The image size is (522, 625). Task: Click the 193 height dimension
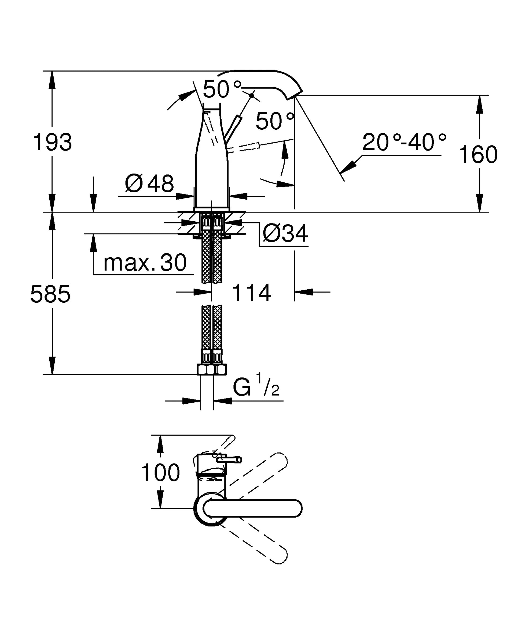tap(52, 142)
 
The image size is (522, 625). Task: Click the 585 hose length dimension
tap(50, 294)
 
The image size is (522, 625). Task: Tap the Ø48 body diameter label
tap(149, 183)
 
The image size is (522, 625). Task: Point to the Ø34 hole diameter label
tap(285, 234)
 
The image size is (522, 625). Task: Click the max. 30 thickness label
tap(145, 263)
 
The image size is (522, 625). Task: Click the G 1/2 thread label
tap(256, 386)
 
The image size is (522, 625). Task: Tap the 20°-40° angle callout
tap(404, 142)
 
